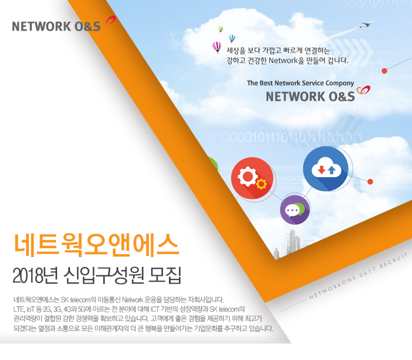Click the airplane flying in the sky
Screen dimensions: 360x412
coord(366,25)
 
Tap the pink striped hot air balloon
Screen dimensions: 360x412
coord(217,47)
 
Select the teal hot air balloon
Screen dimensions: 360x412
coord(232,38)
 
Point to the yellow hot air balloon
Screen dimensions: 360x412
coord(221,28)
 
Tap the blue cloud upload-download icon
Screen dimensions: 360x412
coord(325,169)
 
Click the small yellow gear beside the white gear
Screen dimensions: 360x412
coord(261,185)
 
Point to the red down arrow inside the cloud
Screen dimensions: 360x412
coord(321,171)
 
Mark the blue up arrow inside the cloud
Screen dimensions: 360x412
coord(331,169)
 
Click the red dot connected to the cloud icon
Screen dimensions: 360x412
coord(370,182)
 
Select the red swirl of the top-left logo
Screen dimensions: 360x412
coord(110,22)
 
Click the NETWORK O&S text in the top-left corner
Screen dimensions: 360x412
coord(57,26)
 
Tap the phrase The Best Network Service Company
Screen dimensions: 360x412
coord(300,83)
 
